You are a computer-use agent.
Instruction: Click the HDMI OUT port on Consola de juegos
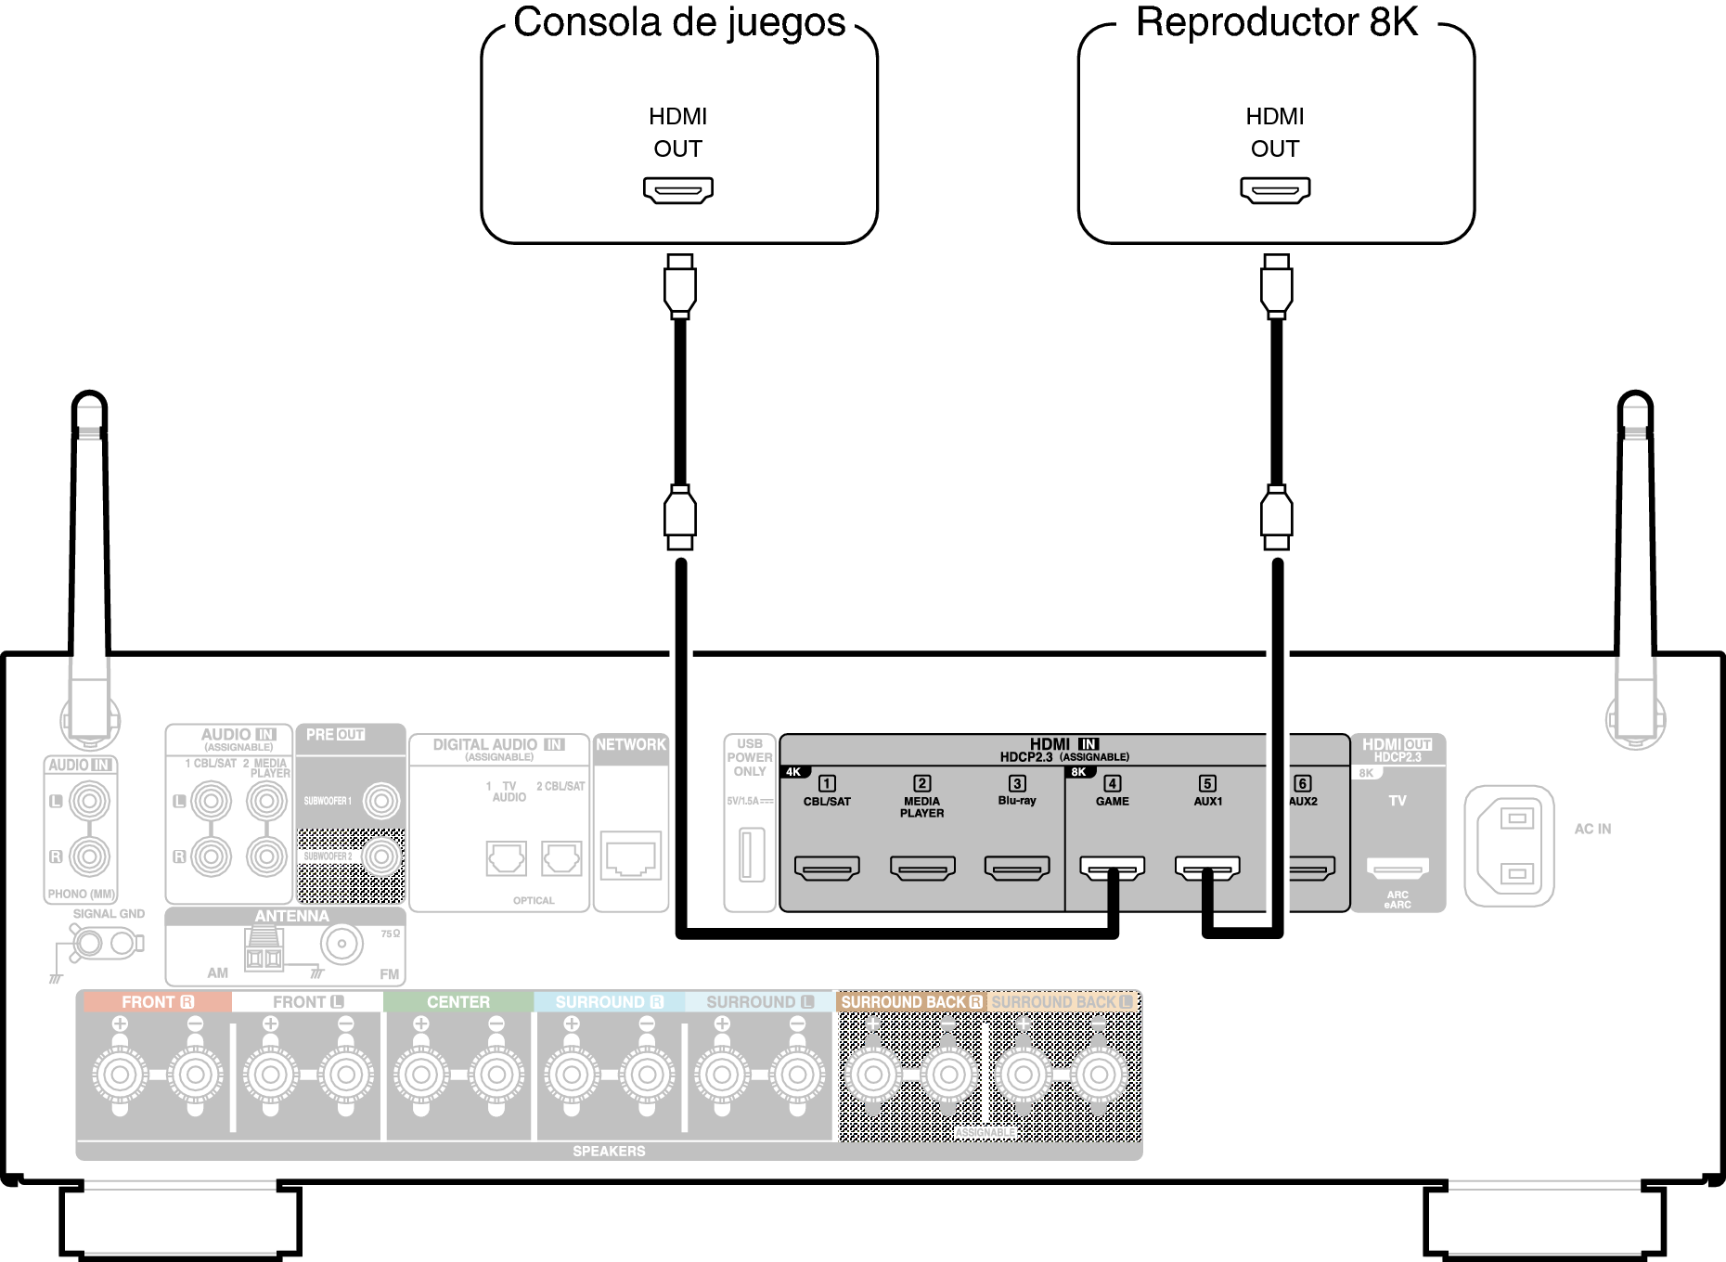click(x=678, y=190)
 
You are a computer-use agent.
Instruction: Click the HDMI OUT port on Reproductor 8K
click(x=1275, y=190)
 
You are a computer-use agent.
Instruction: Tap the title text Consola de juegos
click(x=679, y=22)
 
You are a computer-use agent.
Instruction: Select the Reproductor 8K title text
click(x=1277, y=22)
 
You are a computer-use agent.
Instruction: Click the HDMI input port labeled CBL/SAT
click(x=827, y=869)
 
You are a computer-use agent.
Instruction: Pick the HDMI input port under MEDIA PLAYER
click(x=922, y=869)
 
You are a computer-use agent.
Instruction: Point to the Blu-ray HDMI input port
click(x=1017, y=869)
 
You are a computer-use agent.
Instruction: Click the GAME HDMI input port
click(x=1112, y=868)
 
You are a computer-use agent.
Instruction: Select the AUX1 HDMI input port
click(x=1207, y=868)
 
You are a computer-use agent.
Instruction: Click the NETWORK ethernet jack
click(x=631, y=856)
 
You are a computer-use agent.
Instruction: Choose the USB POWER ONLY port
click(x=751, y=855)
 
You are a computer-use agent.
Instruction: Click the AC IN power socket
click(x=1509, y=845)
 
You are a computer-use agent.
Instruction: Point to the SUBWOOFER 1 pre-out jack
click(x=380, y=801)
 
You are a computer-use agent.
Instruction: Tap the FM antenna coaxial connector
click(x=341, y=945)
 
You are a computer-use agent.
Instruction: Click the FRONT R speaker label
click(x=157, y=1002)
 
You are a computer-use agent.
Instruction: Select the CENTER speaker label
click(x=458, y=1002)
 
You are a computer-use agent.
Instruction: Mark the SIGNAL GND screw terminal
click(x=89, y=944)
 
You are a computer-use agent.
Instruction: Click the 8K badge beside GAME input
click(x=1078, y=772)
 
